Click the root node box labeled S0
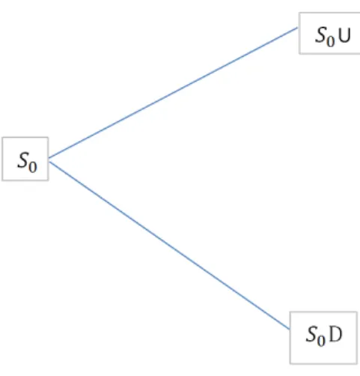pos(25,159)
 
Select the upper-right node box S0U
pos(329,33)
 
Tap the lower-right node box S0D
pos(323,338)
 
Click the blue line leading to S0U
pos(174,93)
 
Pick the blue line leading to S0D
pos(169,246)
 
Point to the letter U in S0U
pos(345,35)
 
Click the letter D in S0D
pos(335,334)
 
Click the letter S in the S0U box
pos(321,34)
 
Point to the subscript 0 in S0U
pos(331,41)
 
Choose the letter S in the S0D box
pos(312,333)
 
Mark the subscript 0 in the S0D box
pos(322,340)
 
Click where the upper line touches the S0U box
pos(299,28)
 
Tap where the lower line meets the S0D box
pos(290,330)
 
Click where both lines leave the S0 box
pos(49,160)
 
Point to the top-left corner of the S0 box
pos(2,137)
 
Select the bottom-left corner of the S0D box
pos(290,364)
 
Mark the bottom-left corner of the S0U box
pos(299,54)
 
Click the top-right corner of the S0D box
pos(357,312)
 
